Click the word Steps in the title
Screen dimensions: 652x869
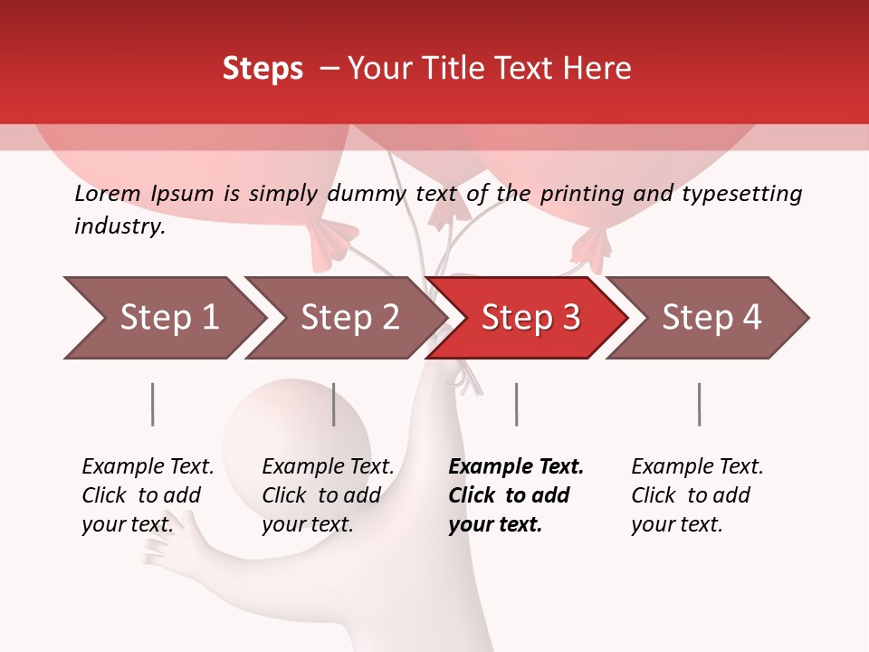click(x=263, y=69)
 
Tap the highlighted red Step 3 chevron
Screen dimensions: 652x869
click(x=530, y=318)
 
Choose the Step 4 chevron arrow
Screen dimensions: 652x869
click(x=711, y=318)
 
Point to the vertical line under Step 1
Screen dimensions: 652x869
click(x=152, y=404)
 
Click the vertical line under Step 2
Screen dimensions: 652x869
click(x=333, y=404)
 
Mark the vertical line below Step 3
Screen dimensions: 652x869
click(x=516, y=404)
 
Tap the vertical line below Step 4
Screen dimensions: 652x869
click(x=699, y=404)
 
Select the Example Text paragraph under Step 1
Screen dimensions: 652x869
click(x=148, y=495)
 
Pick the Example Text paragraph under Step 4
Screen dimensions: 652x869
click(x=697, y=495)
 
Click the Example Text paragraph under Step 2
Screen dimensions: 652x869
click(x=328, y=495)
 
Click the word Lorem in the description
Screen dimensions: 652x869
click(x=108, y=194)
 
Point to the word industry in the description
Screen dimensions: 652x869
click(x=119, y=226)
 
